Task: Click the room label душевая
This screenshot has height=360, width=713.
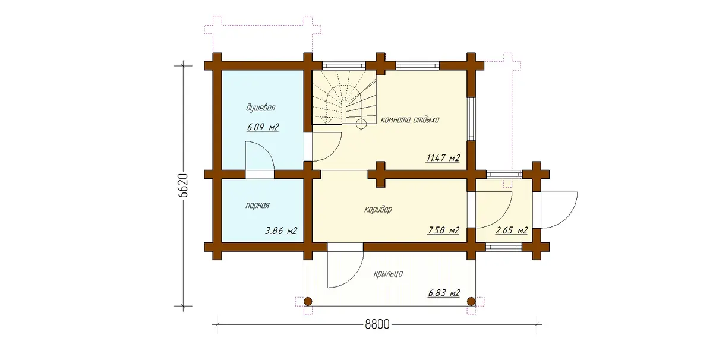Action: pyautogui.click(x=260, y=108)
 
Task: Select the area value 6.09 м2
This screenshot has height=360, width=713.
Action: pyautogui.click(x=263, y=127)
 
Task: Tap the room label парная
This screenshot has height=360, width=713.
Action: pyautogui.click(x=257, y=206)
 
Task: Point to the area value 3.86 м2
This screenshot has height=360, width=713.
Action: pyautogui.click(x=281, y=230)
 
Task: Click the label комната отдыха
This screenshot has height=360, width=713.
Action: pyautogui.click(x=410, y=119)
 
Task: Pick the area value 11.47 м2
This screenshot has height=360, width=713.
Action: pyautogui.click(x=443, y=158)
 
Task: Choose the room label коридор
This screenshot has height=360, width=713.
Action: pyautogui.click(x=378, y=210)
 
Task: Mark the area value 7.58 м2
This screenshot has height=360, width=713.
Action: pyautogui.click(x=443, y=230)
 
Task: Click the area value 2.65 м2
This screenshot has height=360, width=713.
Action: pyautogui.click(x=512, y=230)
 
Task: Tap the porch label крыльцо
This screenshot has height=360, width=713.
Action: pyautogui.click(x=388, y=274)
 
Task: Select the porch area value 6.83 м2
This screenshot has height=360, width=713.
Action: pyautogui.click(x=444, y=293)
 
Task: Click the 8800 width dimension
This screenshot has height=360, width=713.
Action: pyautogui.click(x=377, y=324)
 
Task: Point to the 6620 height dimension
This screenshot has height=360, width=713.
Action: pyautogui.click(x=183, y=185)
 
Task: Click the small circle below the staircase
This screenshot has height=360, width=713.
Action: pyautogui.click(x=361, y=124)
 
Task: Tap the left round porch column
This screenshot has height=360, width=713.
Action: pyautogui.click(x=308, y=301)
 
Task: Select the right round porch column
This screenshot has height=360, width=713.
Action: pyautogui.click(x=471, y=301)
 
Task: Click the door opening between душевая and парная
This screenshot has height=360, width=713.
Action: pyautogui.click(x=260, y=175)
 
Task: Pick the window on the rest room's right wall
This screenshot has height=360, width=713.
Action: pyautogui.click(x=471, y=119)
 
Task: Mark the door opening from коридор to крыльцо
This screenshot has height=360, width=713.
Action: pyautogui.click(x=345, y=247)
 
